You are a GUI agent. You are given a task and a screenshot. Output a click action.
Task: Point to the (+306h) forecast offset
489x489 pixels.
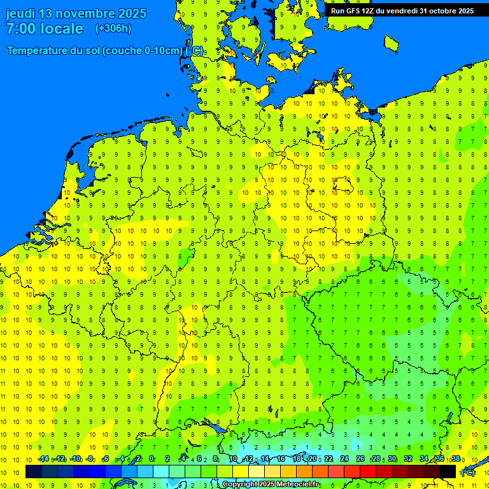113,29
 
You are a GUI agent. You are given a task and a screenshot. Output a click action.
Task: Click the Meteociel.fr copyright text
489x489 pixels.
271,485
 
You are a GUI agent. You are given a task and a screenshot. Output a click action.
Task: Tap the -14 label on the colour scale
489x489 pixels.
43,459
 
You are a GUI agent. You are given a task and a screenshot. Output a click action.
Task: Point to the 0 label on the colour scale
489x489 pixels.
152,459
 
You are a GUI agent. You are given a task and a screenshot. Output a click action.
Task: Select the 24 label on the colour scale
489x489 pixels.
344,459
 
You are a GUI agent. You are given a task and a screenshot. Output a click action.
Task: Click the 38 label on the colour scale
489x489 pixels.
456,459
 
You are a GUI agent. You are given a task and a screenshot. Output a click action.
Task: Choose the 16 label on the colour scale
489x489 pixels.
281,459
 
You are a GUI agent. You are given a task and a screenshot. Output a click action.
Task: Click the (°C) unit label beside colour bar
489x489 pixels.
468,472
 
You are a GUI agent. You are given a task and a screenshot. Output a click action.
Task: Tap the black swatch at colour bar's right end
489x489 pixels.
448,472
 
